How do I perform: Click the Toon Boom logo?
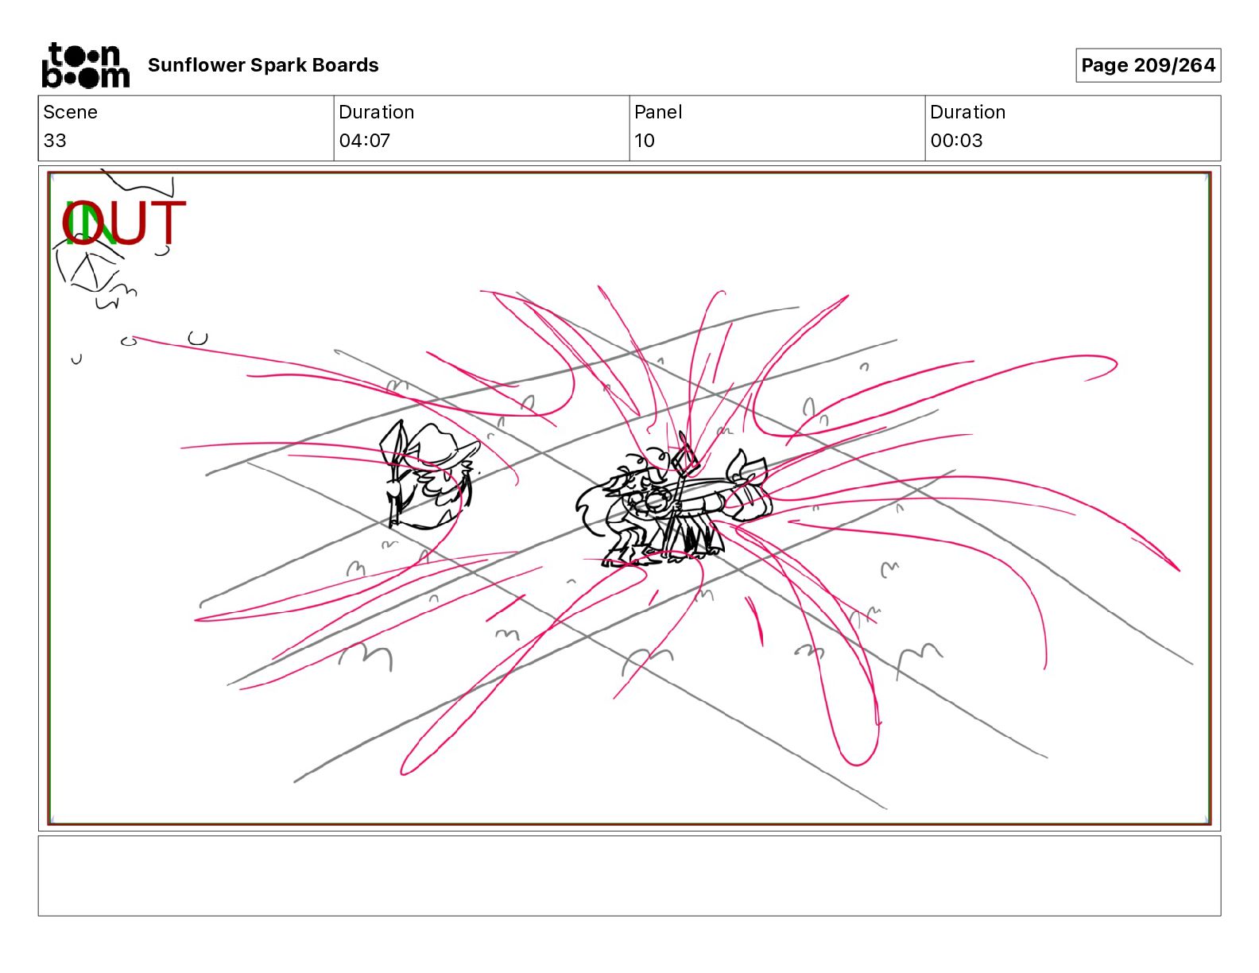click(86, 65)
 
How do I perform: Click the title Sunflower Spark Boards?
click(263, 65)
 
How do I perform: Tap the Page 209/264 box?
click(1148, 65)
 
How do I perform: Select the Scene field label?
click(70, 112)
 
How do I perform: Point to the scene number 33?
click(55, 140)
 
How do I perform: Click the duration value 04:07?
click(365, 140)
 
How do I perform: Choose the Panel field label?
click(658, 112)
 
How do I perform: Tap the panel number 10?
click(645, 140)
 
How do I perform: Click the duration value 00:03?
click(956, 140)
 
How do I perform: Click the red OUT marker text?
click(124, 223)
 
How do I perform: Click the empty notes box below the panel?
click(629, 876)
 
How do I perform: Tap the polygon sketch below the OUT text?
click(90, 269)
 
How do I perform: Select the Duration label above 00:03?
click(967, 112)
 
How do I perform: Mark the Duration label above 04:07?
click(377, 112)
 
